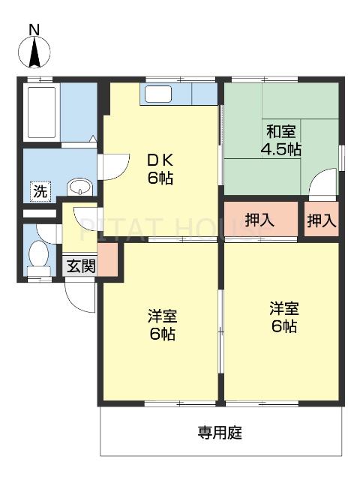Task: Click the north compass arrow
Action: [x=34, y=52]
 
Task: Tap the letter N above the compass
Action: [x=34, y=29]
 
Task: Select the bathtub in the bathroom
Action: [x=41, y=112]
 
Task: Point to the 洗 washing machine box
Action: [x=40, y=191]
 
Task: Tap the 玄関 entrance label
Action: [x=80, y=265]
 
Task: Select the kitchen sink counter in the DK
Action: [x=158, y=94]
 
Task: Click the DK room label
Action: [x=161, y=159]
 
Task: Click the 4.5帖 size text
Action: [x=280, y=148]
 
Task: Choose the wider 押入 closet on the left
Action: [x=259, y=220]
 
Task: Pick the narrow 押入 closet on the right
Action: [x=322, y=220]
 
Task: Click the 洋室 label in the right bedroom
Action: [x=284, y=308]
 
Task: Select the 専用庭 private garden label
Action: [x=220, y=433]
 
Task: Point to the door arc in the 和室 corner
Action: [x=323, y=184]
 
